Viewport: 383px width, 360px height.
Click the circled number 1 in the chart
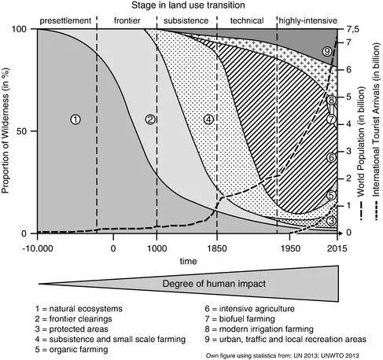[x=75, y=119]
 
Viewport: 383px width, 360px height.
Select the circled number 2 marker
[x=152, y=119]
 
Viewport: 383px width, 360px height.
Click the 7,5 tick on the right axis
[x=353, y=29]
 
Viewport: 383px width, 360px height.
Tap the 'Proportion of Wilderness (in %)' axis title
[x=8, y=131]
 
